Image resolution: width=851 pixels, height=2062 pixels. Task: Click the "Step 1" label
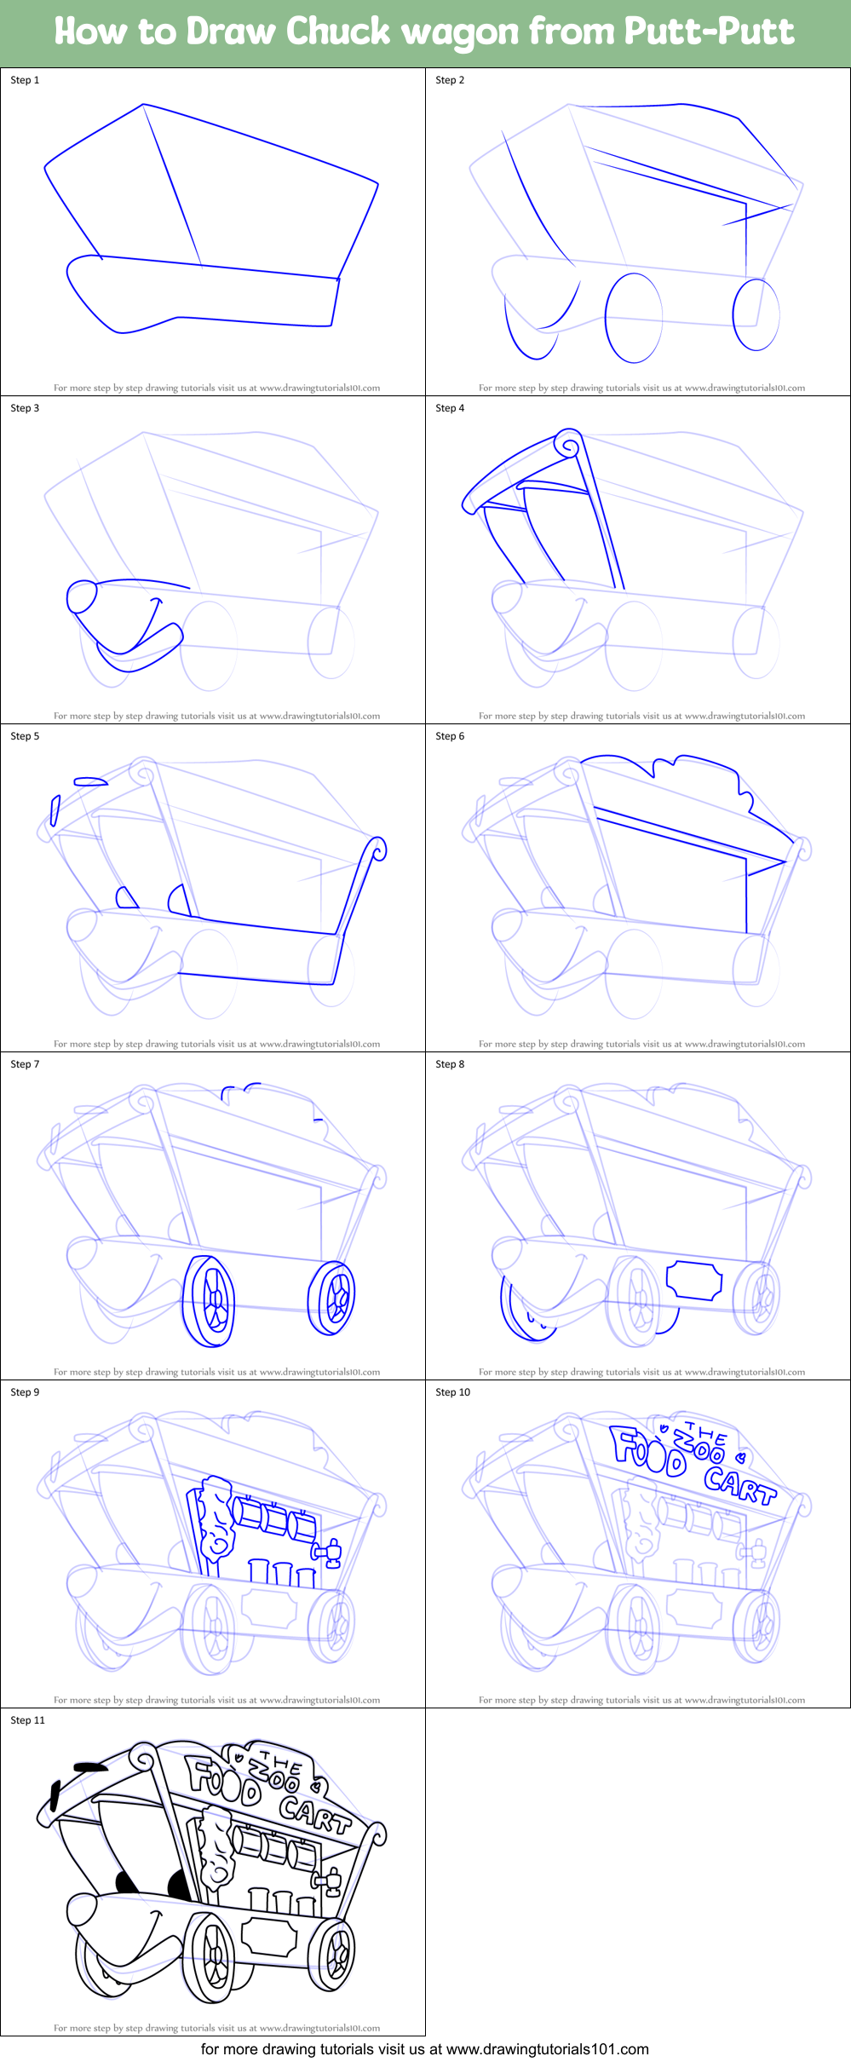coord(25,80)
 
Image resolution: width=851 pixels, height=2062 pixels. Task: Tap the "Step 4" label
coord(450,408)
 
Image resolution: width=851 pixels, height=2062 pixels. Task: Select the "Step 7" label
coord(25,1064)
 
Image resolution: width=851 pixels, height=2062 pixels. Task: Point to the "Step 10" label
coord(452,1392)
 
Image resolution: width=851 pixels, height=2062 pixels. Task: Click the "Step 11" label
coord(27,1720)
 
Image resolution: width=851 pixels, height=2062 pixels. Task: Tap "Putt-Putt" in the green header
coord(709,32)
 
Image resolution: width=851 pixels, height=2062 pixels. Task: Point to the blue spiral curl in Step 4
coord(568,445)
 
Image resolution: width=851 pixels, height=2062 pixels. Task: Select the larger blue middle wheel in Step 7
coord(210,1301)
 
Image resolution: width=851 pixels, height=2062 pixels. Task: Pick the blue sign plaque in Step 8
coord(693,1280)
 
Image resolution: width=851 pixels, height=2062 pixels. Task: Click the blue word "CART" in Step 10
coord(739,1485)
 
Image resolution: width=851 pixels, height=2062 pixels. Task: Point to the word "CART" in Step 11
coord(314,1814)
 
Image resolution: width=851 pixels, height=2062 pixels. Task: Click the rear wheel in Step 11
coord(332,1954)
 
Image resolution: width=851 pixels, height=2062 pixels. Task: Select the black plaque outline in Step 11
coord(269,1938)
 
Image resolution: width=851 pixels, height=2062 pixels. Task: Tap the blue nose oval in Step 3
coord(83,596)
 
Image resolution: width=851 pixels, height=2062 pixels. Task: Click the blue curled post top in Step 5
coord(375,850)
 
